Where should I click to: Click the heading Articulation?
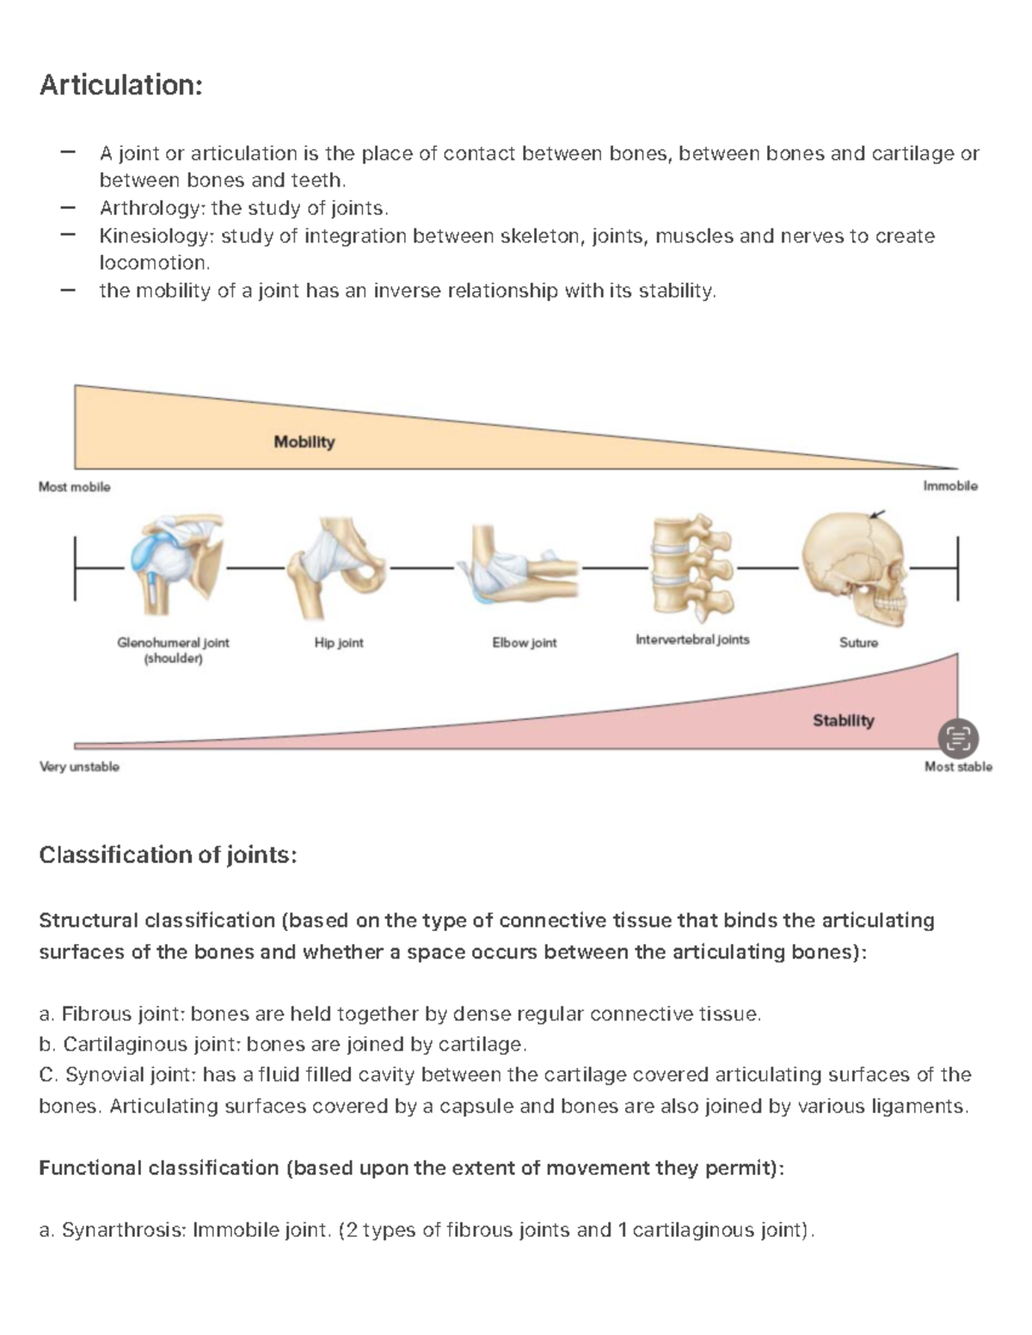coord(120,85)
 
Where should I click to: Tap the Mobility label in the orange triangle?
coord(304,442)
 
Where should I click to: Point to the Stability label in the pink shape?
coord(843,720)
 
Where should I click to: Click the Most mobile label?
coord(75,487)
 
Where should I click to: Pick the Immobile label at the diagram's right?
coord(950,486)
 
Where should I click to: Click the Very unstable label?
coord(79,766)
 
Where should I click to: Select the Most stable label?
coord(958,766)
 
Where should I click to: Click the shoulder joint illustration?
coord(173,565)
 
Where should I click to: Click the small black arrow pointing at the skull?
coord(876,514)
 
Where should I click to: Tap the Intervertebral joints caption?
coord(692,640)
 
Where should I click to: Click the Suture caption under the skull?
coord(858,642)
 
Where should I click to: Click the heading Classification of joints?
coord(168,855)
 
